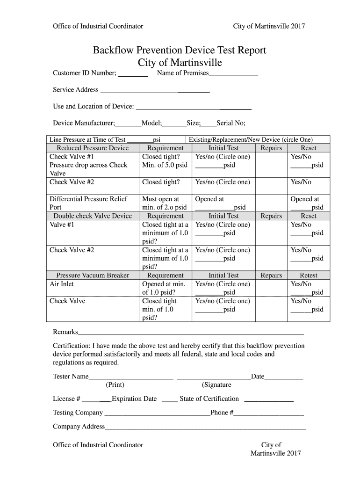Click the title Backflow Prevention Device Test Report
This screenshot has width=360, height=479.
click(180, 51)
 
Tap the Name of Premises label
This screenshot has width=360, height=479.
click(183, 73)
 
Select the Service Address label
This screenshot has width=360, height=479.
click(76, 90)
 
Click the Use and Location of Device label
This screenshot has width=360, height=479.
click(94, 107)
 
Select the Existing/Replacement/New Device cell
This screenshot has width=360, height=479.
click(251, 139)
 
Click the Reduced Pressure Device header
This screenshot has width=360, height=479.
click(93, 148)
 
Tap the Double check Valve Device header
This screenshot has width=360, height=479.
click(93, 216)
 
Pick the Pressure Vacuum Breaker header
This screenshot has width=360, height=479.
click(93, 276)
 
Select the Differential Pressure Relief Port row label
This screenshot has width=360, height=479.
click(88, 203)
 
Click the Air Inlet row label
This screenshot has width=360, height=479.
click(62, 284)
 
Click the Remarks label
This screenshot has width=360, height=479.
click(65, 332)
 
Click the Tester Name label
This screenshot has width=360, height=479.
click(71, 377)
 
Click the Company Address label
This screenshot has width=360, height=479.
click(79, 427)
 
